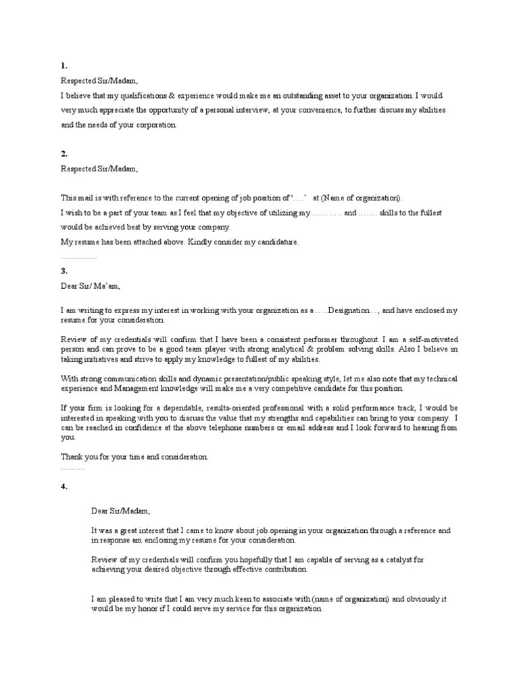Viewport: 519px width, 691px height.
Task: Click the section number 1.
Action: [64, 66]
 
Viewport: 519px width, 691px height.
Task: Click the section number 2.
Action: [64, 154]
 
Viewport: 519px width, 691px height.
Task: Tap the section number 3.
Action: [64, 271]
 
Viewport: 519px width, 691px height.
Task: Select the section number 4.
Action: [64, 486]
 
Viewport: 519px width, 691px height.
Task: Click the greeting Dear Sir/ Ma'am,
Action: [90, 286]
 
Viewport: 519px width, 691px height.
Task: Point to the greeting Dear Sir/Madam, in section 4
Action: [121, 510]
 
